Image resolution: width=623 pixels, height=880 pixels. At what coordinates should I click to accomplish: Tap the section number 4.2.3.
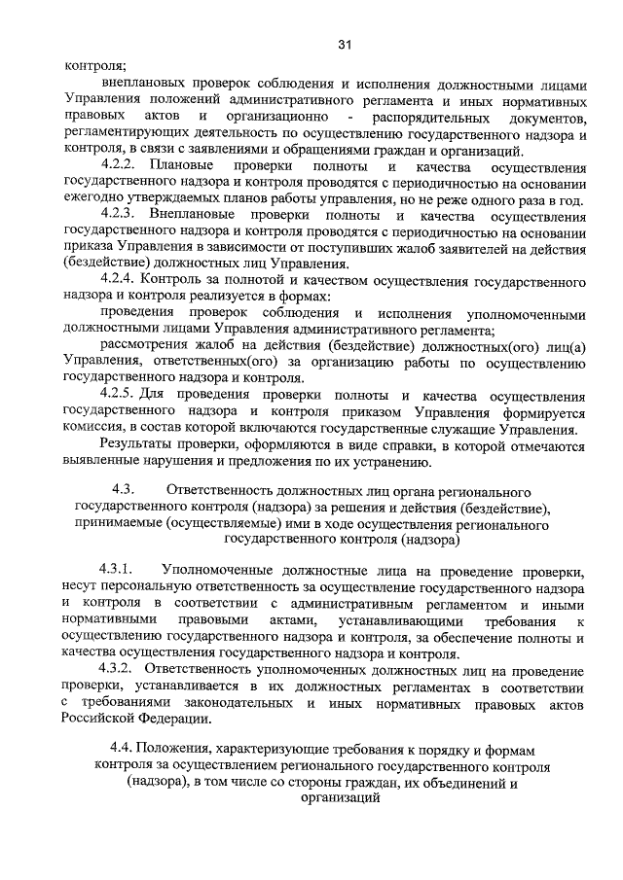click(121, 214)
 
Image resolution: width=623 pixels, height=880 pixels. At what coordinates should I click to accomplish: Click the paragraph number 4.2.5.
click(121, 396)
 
